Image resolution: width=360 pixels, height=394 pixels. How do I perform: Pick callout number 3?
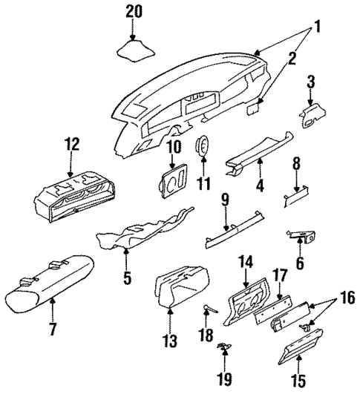(311, 80)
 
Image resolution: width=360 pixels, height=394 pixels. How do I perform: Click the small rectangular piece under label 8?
(295, 197)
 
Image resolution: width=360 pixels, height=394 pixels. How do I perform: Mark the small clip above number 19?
(223, 346)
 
